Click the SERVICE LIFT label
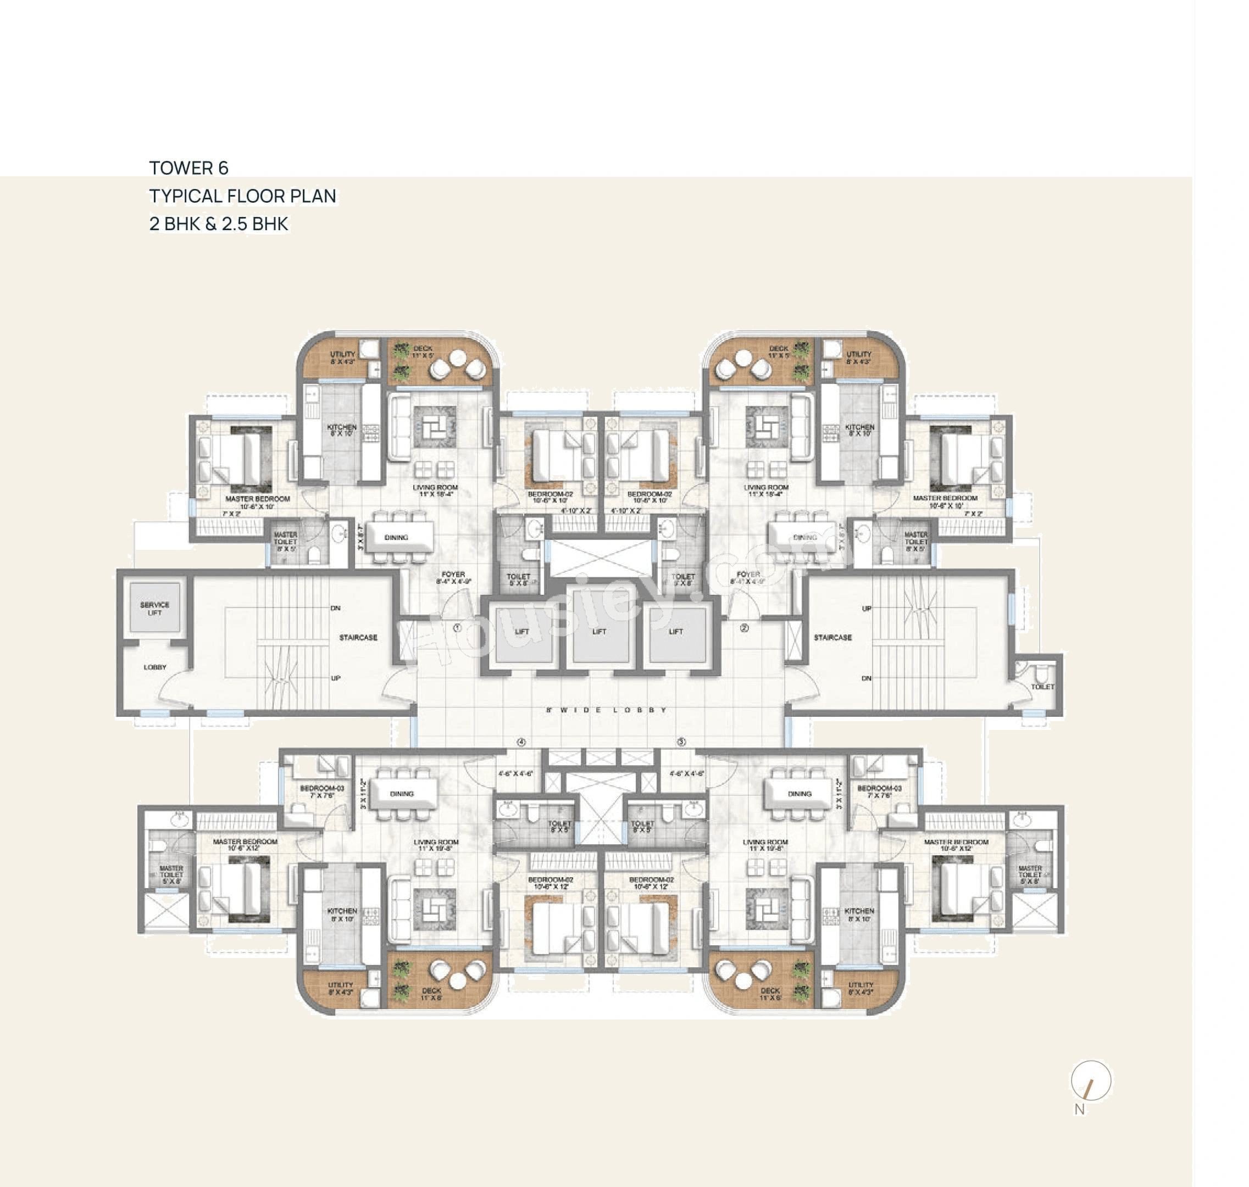[x=154, y=608]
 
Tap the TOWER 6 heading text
[x=188, y=168]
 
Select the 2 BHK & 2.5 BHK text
[x=218, y=224]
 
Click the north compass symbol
[x=1090, y=1080]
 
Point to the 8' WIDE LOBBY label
[x=606, y=710]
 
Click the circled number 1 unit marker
[x=457, y=628]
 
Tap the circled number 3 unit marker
[x=681, y=742]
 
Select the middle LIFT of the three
[x=599, y=632]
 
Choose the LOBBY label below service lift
[x=155, y=667]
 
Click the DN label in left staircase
[x=336, y=608]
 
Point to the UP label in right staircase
[x=867, y=608]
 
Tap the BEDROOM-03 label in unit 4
[x=321, y=788]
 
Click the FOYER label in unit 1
[x=453, y=575]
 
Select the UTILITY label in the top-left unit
[x=342, y=354]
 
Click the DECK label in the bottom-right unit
[x=770, y=990]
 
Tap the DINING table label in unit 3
[x=800, y=794]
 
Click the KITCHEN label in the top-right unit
[x=859, y=427]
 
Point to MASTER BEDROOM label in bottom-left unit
[x=245, y=842]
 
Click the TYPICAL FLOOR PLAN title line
[x=242, y=196]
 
